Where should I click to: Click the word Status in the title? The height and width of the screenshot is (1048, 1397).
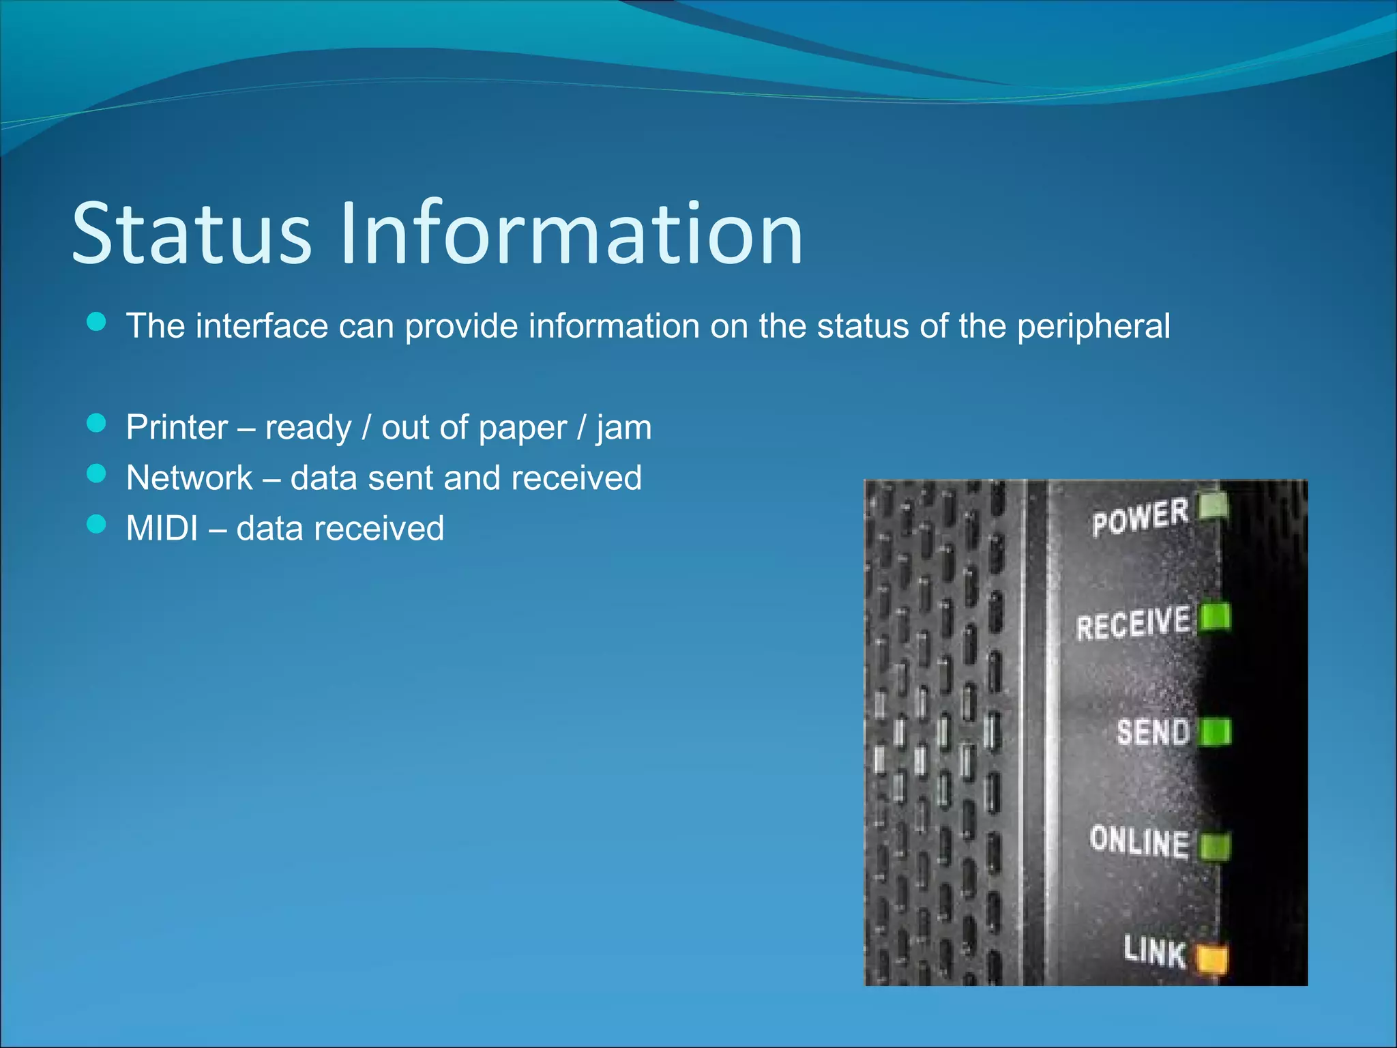click(x=192, y=233)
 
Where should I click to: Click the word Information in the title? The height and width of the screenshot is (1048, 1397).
click(x=572, y=233)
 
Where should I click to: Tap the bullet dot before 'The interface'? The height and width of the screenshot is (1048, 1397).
click(x=97, y=322)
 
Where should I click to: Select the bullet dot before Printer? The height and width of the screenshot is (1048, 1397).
click(x=97, y=424)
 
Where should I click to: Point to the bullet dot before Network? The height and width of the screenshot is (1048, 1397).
click(x=97, y=474)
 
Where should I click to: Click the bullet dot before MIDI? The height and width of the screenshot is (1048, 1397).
click(x=97, y=524)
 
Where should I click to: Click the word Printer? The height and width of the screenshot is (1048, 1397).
click(x=177, y=428)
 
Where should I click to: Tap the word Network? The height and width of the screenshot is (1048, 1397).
click(x=190, y=478)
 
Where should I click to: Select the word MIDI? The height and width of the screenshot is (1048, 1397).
click(x=162, y=528)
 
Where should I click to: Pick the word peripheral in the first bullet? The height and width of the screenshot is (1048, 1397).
click(x=1093, y=326)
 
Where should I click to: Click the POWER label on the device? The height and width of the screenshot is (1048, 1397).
click(x=1139, y=516)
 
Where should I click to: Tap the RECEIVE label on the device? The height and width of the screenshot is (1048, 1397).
click(x=1133, y=623)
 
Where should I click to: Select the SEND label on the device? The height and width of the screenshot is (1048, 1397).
click(x=1153, y=732)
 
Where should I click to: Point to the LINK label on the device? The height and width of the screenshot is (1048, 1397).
click(x=1155, y=951)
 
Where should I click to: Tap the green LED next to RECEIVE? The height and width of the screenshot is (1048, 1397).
click(x=1215, y=617)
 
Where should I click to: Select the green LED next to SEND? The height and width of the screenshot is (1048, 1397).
click(x=1215, y=732)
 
